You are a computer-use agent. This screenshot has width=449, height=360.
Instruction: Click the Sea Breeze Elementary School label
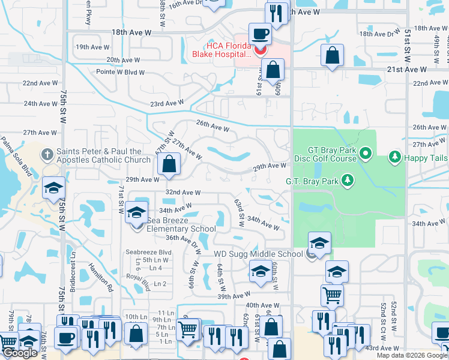click(x=181, y=224)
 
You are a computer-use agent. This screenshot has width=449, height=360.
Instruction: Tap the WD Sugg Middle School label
click(x=259, y=254)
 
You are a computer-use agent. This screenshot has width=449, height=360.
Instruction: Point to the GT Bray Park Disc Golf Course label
click(x=325, y=154)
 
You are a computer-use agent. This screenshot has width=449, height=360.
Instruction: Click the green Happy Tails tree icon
click(x=394, y=157)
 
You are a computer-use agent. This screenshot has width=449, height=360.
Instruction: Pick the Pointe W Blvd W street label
click(x=121, y=72)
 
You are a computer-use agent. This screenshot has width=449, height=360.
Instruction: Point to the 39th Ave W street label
click(x=234, y=296)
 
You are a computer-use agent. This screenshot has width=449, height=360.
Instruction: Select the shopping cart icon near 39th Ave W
click(x=332, y=295)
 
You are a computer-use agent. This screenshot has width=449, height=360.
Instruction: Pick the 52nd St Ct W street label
click(x=382, y=317)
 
